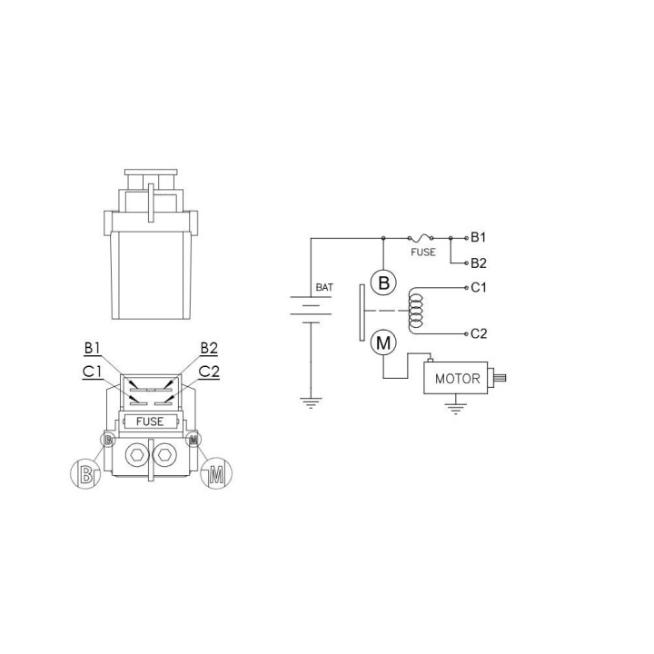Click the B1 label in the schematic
click(x=478, y=237)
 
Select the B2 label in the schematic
click(x=479, y=263)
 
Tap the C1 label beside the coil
click(x=479, y=287)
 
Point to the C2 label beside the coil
click(x=479, y=333)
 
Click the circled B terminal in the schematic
click(x=383, y=283)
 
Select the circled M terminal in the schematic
click(x=383, y=342)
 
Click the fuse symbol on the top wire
click(x=420, y=238)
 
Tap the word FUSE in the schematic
click(x=423, y=253)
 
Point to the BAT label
click(x=324, y=287)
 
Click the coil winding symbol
click(x=415, y=311)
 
